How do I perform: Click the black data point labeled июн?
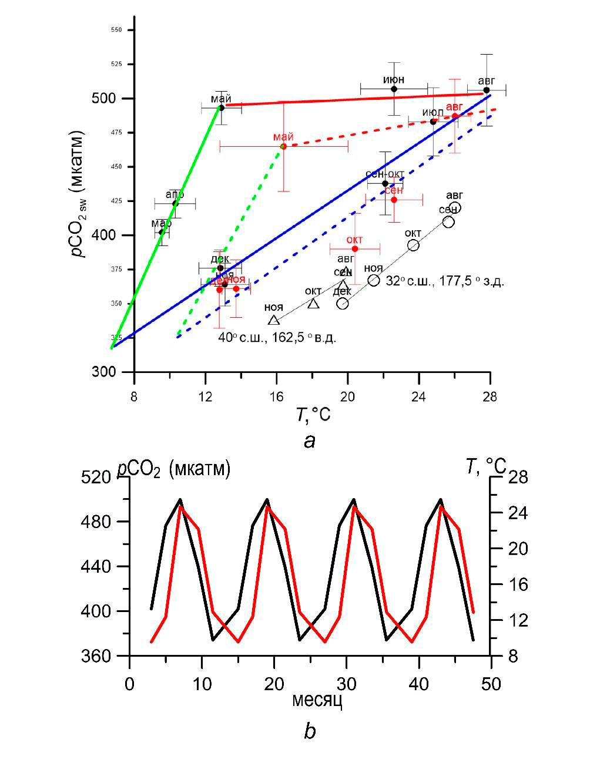[394, 89]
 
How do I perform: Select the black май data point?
[222, 107]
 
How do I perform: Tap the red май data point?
[283, 146]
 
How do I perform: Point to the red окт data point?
[355, 248]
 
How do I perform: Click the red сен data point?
[394, 200]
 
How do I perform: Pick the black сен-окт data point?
[385, 183]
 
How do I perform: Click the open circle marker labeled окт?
[413, 245]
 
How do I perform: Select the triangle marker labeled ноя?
[274, 320]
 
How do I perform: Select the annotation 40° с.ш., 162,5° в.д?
[277, 338]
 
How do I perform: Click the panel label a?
[310, 441]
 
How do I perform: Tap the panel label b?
[310, 731]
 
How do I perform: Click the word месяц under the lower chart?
[317, 700]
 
